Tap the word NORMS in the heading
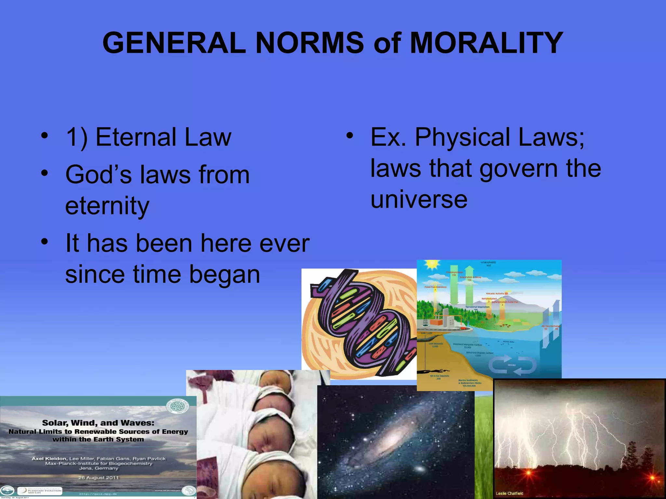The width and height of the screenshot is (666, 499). click(310, 43)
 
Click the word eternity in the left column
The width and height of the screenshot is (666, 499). click(107, 206)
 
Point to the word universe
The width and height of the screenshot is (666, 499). click(419, 199)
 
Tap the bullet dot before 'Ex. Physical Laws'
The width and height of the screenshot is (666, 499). click(349, 136)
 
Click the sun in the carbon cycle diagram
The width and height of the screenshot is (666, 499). click(432, 265)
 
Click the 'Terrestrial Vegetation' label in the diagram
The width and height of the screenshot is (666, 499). click(477, 307)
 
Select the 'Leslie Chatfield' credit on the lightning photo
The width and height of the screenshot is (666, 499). click(509, 493)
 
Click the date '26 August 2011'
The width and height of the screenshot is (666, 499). click(99, 478)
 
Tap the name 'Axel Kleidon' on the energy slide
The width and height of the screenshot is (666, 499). click(49, 459)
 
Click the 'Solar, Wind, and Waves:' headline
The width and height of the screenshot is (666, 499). click(98, 423)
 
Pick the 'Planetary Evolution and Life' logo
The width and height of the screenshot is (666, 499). click(40, 491)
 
